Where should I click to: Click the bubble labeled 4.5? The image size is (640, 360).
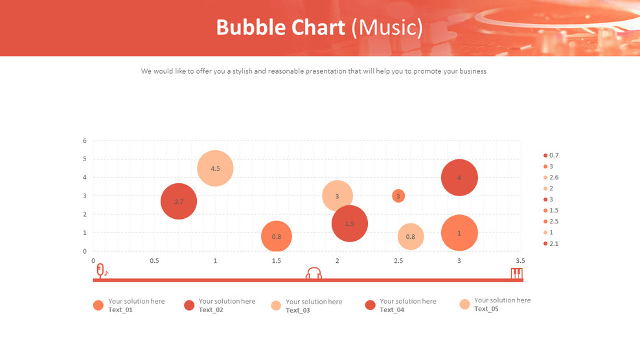tap(215, 168)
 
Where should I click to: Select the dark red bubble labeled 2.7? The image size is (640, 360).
tap(179, 201)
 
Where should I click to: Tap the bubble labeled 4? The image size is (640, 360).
tap(459, 177)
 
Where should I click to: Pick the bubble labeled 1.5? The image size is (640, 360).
tap(350, 223)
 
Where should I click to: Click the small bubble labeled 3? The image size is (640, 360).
tap(398, 196)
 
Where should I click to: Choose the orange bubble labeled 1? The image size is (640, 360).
tap(459, 233)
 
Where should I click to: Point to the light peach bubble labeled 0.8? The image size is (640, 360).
tap(411, 237)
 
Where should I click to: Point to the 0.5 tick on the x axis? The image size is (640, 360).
tap(154, 261)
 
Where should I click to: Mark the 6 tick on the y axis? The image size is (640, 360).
tap(84, 141)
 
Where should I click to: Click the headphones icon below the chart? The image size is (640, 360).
tap(314, 273)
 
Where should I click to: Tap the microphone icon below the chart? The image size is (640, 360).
tap(100, 270)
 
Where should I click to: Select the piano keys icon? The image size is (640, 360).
tap(516, 273)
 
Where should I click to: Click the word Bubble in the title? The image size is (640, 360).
tap(249, 28)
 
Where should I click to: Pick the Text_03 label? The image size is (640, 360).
tap(298, 310)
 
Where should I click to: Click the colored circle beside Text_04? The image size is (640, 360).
tap(371, 305)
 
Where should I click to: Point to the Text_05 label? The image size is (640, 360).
tap(486, 309)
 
